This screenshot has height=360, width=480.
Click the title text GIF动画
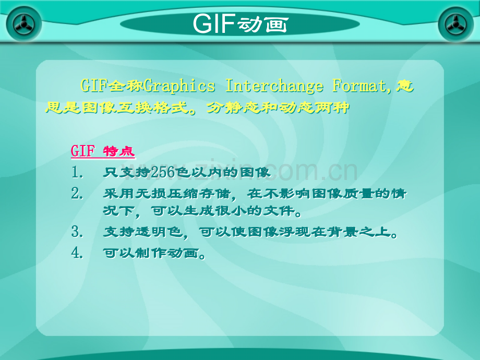pos(241,23)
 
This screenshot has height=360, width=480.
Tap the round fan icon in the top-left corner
pos(24,24)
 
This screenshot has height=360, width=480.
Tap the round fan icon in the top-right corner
pos(456,24)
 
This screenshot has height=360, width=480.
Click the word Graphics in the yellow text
pos(179,86)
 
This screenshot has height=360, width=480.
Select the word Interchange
pos(274,86)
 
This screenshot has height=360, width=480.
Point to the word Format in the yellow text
pos(361,86)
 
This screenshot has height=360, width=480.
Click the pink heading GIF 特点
pos(103,151)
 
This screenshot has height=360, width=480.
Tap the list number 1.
pos(77,172)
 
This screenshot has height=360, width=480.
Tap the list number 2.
pos(77,194)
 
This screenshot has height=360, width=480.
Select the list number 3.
pos(77,232)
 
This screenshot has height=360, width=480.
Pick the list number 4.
pos(77,253)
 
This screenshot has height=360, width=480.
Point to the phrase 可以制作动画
pos(150,253)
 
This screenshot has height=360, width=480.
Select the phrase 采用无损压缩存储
pos(166,194)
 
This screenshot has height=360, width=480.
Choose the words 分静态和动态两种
pos(278,107)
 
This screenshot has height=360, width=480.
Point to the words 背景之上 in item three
pos(359,232)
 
